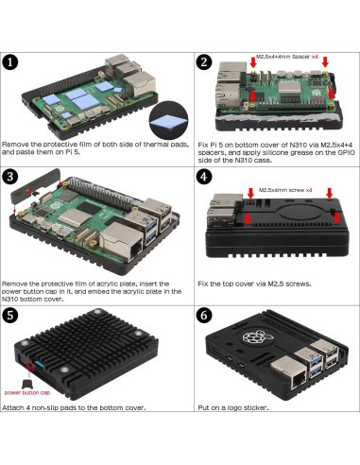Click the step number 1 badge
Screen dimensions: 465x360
[12, 63]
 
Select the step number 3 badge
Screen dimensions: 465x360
[12, 176]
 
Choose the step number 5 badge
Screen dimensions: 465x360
[12, 315]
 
